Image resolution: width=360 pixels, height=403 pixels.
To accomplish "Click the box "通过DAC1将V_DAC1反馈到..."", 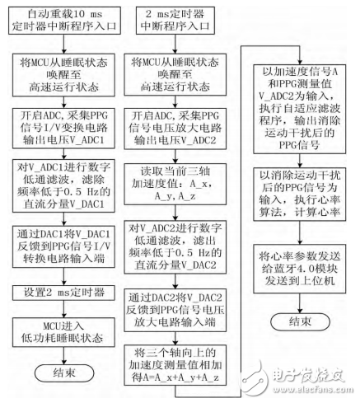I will (x=62, y=248).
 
